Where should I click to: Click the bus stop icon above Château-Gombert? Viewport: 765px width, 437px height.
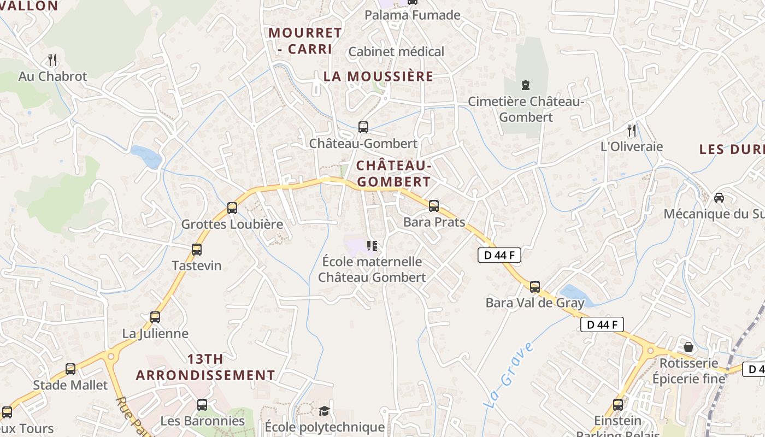[363, 127]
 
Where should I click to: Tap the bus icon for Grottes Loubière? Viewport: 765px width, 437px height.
[232, 208]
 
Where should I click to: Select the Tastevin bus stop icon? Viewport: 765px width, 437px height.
[197, 250]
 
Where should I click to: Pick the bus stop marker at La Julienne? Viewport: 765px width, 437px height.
[155, 317]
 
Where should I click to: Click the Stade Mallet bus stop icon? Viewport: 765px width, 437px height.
[70, 369]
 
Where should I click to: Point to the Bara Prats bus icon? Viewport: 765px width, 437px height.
[434, 206]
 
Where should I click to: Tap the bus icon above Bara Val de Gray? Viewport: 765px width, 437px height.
[535, 287]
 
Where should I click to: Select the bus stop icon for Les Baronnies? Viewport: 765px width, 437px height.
[202, 405]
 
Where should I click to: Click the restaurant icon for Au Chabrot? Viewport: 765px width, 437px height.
[52, 60]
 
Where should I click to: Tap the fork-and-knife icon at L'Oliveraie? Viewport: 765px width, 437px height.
[632, 130]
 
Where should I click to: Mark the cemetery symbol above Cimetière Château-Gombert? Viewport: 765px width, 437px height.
[526, 85]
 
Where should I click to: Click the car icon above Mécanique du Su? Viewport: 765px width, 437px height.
[719, 197]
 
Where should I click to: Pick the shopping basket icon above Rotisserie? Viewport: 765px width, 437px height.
[688, 347]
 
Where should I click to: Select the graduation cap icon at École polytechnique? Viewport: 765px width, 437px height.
[325, 411]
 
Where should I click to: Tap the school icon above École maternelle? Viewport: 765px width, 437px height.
[372, 246]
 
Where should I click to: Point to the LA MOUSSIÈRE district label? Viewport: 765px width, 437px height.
[378, 76]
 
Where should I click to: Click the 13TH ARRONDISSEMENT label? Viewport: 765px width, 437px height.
[205, 367]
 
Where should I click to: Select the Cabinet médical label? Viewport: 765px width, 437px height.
[396, 52]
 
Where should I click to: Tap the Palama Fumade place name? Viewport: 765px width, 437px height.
[413, 15]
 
